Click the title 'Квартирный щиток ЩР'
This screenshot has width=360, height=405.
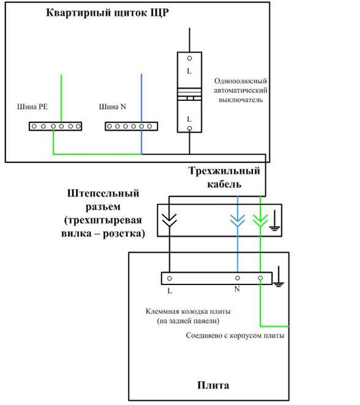(x=107, y=13)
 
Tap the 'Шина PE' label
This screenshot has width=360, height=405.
(x=32, y=106)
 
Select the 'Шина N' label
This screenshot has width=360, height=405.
(x=113, y=106)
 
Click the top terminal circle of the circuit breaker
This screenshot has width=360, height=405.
(x=189, y=58)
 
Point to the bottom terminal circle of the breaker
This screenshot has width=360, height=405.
(x=189, y=128)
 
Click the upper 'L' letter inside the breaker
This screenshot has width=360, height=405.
(x=189, y=71)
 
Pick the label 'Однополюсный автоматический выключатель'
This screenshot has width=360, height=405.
(x=241, y=91)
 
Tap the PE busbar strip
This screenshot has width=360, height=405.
(x=55, y=126)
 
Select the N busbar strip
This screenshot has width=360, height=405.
(x=131, y=126)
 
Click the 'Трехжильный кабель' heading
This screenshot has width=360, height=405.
(x=224, y=177)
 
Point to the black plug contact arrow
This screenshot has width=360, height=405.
(x=169, y=220)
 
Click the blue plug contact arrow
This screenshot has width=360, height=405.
(x=238, y=220)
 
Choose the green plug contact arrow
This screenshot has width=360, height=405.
(x=260, y=220)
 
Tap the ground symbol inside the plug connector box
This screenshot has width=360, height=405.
(x=274, y=220)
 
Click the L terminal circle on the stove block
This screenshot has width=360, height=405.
(x=170, y=278)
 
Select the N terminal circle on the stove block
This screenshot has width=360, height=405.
(x=238, y=278)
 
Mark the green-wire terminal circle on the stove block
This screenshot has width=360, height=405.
(x=260, y=278)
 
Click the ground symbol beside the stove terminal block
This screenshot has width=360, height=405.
(x=279, y=277)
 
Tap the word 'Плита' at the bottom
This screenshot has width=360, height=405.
(x=213, y=385)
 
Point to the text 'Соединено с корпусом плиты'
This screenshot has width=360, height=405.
(x=235, y=335)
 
